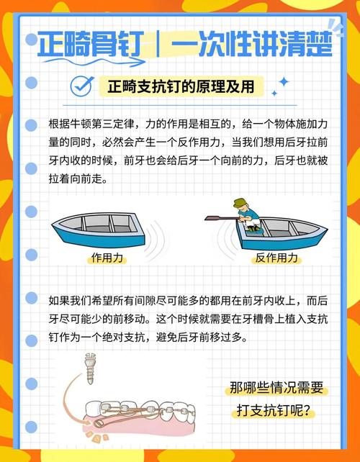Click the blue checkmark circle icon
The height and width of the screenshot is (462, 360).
82,86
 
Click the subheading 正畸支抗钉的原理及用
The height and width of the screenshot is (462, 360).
186,87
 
